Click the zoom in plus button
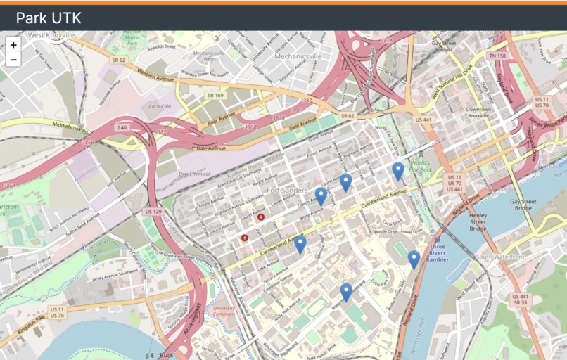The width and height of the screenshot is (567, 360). tap(13, 44)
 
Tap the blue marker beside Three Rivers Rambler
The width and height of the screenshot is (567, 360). tap(414, 259)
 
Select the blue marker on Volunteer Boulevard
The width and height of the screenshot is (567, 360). tap(345, 291)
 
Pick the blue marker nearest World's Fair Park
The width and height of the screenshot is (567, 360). tap(398, 170)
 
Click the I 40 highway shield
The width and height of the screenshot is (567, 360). tap(123, 127)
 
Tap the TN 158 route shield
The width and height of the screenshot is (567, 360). tap(497, 56)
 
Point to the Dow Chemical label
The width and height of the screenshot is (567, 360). tap(194, 173)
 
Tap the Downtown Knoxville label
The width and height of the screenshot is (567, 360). tap(478, 113)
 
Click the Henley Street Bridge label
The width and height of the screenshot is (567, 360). tap(478, 221)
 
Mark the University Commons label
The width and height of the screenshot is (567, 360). tap(224, 311)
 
